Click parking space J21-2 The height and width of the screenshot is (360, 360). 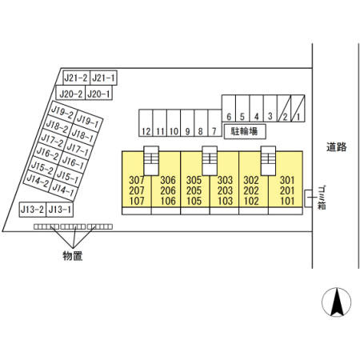[77, 78]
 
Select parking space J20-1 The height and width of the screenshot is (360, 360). [98, 93]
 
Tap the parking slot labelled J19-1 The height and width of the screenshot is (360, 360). [88, 121]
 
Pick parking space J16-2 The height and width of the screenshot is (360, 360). [48, 153]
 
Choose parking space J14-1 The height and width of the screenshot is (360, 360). [63, 190]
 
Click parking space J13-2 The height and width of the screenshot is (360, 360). [33, 210]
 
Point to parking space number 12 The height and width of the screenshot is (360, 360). [146, 123]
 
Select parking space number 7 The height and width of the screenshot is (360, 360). [215, 123]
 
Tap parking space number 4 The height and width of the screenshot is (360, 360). [257, 109]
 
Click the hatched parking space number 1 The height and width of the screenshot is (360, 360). [298, 109]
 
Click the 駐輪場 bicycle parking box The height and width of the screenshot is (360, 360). [245, 131]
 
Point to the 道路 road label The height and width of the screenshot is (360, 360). [337, 147]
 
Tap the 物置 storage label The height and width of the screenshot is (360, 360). [73, 256]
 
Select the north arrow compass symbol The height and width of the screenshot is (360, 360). [337, 302]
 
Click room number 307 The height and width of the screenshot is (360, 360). [137, 180]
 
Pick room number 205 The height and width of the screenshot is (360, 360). [194, 190]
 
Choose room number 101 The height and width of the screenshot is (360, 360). [287, 201]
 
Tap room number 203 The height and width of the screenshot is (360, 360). [225, 190]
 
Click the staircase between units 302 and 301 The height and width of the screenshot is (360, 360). [268, 161]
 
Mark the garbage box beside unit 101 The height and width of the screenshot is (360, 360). [308, 198]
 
